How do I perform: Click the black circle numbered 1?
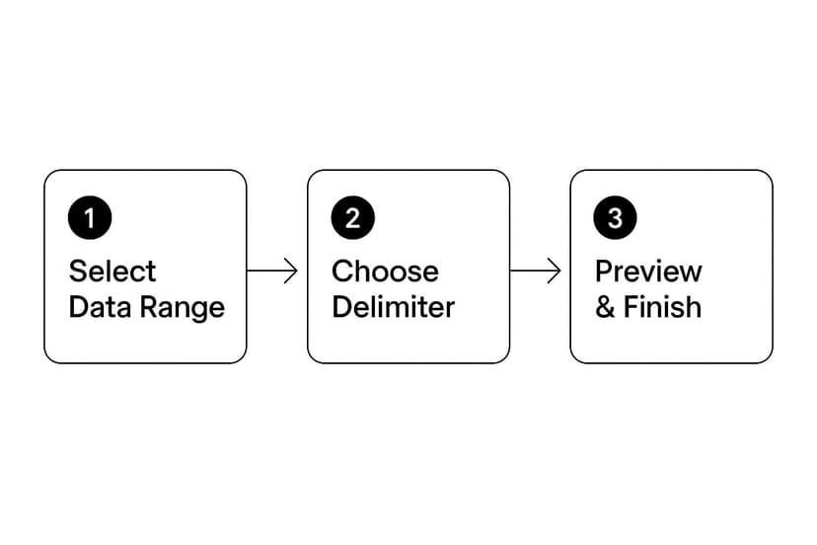coord(90,217)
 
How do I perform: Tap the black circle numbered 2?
coord(352,217)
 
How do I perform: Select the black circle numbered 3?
coord(615,217)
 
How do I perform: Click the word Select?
coord(112,272)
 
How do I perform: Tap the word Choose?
coord(385,272)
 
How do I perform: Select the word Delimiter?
coord(394,307)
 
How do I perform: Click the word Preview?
coord(648,272)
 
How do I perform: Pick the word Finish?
coord(663,307)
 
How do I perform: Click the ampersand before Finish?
coord(605,307)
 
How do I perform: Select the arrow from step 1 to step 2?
coord(272,271)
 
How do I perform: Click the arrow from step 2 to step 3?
coord(535,271)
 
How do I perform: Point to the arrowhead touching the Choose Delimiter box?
coord(292,271)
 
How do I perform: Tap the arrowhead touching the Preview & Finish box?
coord(555,271)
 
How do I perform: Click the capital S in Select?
coord(78,272)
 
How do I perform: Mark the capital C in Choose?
coord(342,272)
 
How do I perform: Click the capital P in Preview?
coord(605,272)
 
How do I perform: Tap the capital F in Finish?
coord(631,307)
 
